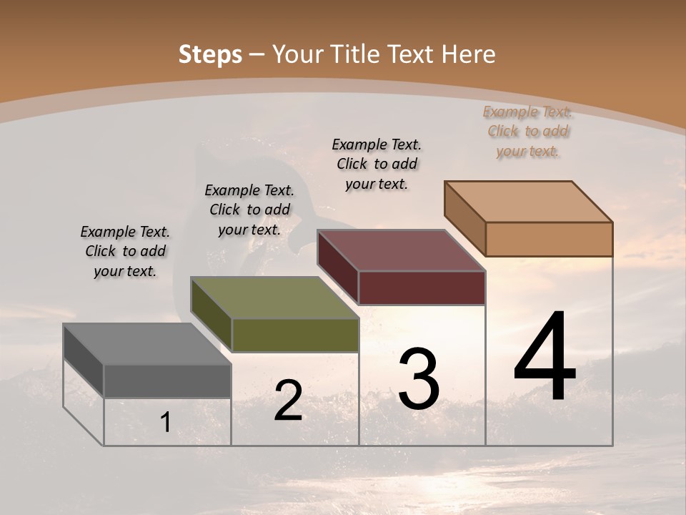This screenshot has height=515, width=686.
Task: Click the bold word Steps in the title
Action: pos(210,54)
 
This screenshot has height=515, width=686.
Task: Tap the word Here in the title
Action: pos(468,54)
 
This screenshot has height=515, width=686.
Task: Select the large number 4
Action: pos(545,358)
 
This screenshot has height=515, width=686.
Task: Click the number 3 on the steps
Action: pos(419,379)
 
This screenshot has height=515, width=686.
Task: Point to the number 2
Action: pos(288,401)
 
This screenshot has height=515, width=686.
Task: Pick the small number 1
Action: pos(166,423)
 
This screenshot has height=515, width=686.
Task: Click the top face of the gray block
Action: pos(146,344)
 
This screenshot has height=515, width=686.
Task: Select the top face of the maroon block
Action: pos(401,250)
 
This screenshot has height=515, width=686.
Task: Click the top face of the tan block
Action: pos(528,202)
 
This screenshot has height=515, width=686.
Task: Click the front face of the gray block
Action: pos(167,381)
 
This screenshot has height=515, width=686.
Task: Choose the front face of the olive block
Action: pos(294,335)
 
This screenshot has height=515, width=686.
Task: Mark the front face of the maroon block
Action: pos(422,288)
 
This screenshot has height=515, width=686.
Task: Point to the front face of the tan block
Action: pos(549,239)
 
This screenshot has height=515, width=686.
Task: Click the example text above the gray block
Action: pos(125,251)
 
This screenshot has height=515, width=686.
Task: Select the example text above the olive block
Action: pos(249,210)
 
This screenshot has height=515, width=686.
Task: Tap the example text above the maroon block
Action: pos(377,164)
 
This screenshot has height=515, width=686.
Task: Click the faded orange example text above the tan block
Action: pos(528,131)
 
